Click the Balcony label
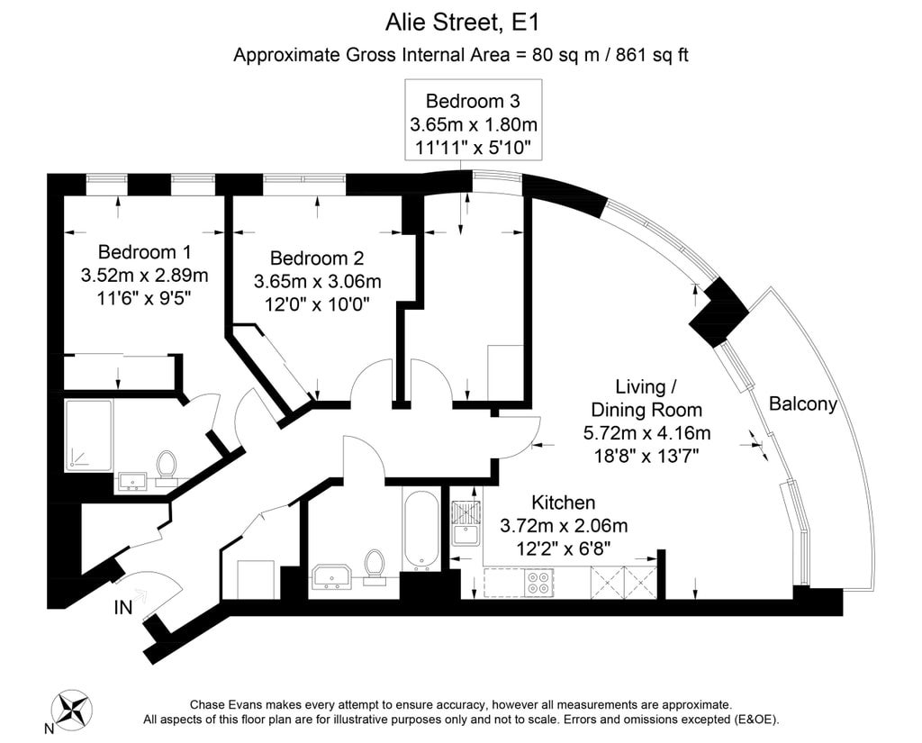click(x=802, y=404)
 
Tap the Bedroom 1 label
click(x=144, y=252)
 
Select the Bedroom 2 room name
click(x=317, y=258)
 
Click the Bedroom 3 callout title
click(x=473, y=101)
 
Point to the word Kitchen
click(x=564, y=503)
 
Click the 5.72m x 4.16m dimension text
click(x=646, y=433)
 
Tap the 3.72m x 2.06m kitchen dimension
click(x=564, y=525)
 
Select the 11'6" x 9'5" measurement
click(x=144, y=298)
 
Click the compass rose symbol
click(x=71, y=708)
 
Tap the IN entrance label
click(x=122, y=607)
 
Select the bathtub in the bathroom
click(x=420, y=530)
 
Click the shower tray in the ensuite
click(x=88, y=435)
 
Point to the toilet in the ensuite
click(x=167, y=468)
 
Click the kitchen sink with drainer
click(x=466, y=523)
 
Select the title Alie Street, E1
click(x=462, y=23)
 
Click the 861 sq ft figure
click(x=652, y=55)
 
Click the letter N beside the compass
click(x=49, y=729)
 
